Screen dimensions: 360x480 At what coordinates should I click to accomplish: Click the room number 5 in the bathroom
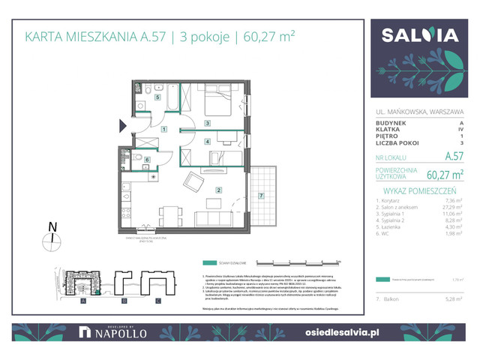pos(157,97)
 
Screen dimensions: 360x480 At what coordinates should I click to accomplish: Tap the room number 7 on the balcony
pos(260,196)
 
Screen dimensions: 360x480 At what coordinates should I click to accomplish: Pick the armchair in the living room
pos(193,181)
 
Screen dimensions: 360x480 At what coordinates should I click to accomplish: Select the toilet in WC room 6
pos(139,158)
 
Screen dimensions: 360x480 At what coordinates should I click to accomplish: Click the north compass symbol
pos(51,239)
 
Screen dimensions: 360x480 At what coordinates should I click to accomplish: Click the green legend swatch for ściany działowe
pos(208,263)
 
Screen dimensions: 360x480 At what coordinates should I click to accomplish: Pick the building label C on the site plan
pos(157,301)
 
